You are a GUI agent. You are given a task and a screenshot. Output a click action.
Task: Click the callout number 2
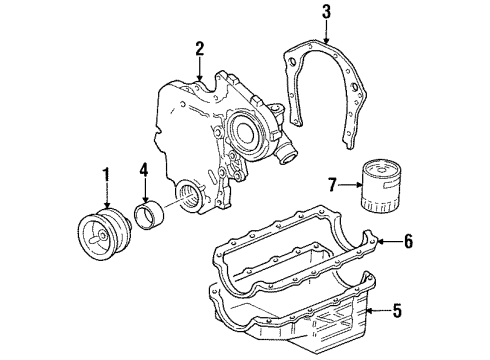click(x=199, y=48)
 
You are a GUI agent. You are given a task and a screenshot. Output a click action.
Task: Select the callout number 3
click(x=325, y=13)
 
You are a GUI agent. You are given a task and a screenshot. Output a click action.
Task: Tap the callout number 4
click(x=144, y=181)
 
